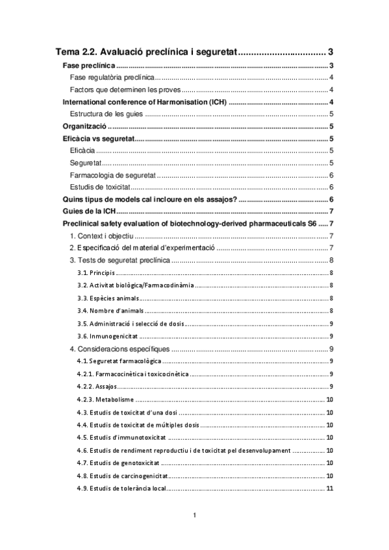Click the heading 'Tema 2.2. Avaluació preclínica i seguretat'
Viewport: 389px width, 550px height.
148,52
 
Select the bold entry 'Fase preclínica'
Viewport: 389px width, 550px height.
88,66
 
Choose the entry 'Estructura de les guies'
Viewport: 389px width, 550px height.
107,114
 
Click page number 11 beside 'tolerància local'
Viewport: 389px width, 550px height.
330,488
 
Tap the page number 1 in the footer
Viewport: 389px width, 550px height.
194,515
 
